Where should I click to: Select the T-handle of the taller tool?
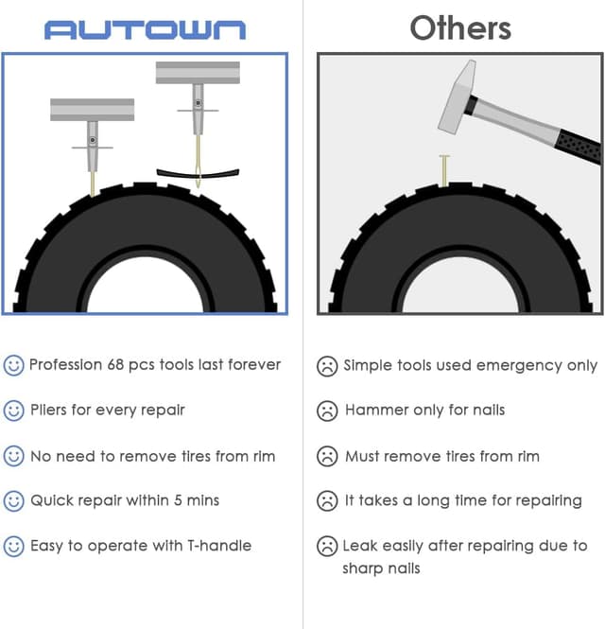pyautogui.click(x=198, y=73)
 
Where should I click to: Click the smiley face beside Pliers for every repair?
pyautogui.click(x=13, y=411)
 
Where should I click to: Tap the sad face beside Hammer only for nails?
pyautogui.click(x=327, y=411)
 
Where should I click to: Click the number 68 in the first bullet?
pyautogui.click(x=117, y=365)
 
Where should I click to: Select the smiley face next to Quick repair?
pyautogui.click(x=13, y=501)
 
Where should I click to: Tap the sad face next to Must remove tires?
pyautogui.click(x=327, y=456)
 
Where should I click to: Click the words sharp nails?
pyautogui.click(x=382, y=568)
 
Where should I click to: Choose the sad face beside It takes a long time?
pyautogui.click(x=327, y=501)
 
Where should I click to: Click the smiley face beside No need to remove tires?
pyautogui.click(x=13, y=456)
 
